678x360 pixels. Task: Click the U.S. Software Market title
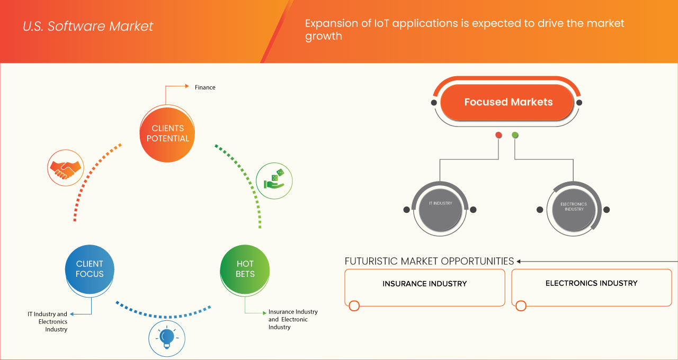tap(88, 26)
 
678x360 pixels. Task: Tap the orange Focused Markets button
tap(508, 102)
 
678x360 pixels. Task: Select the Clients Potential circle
tap(167, 133)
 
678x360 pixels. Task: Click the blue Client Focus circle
tap(90, 269)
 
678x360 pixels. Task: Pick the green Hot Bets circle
tap(245, 269)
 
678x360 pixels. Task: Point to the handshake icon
tap(65, 167)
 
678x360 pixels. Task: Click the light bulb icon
tap(167, 337)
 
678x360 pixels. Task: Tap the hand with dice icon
tap(274, 181)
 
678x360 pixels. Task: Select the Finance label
tap(205, 87)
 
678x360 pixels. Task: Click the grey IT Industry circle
tap(440, 208)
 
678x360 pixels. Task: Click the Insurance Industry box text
tap(424, 284)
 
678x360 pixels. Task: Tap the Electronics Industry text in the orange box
tap(591, 283)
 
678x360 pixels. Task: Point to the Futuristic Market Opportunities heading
tap(429, 261)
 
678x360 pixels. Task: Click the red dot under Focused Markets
tap(498, 135)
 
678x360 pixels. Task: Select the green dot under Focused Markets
tap(515, 135)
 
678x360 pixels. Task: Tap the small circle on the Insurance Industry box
tap(354, 305)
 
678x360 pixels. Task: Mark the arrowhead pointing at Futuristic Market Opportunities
tap(519, 261)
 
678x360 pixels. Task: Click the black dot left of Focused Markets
tap(434, 102)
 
